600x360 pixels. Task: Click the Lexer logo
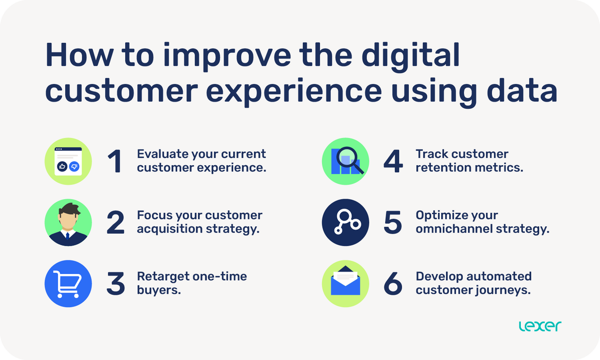point(540,326)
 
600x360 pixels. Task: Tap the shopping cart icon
point(68,284)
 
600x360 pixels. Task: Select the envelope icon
point(345,283)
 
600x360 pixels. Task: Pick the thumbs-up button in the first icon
point(62,166)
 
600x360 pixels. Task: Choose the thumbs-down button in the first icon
point(74,166)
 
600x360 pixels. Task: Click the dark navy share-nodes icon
point(345,222)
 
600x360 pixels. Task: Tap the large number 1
point(115,161)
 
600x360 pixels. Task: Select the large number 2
point(115,222)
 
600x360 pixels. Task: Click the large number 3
point(115,283)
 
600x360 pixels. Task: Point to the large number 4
point(393,161)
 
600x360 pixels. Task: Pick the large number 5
point(393,222)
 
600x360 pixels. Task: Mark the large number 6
point(393,283)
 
